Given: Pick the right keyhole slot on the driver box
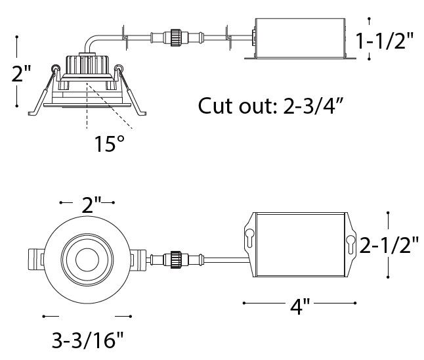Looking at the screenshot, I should (x=349, y=246).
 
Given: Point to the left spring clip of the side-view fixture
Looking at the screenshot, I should (x=43, y=89).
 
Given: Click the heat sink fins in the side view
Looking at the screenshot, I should (x=86, y=64).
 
